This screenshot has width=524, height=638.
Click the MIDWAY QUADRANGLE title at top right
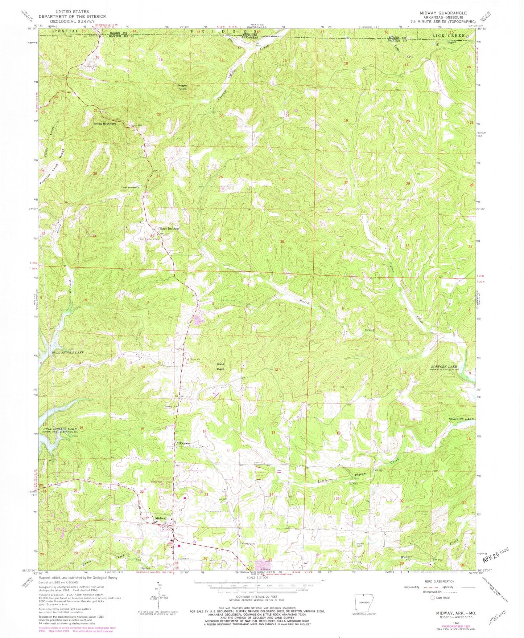tap(443, 13)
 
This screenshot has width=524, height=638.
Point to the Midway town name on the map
tap(161, 518)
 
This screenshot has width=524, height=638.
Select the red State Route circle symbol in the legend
tap(432, 597)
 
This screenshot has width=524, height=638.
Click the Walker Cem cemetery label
tap(360, 544)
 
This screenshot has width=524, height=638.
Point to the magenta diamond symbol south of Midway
tap(178, 545)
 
